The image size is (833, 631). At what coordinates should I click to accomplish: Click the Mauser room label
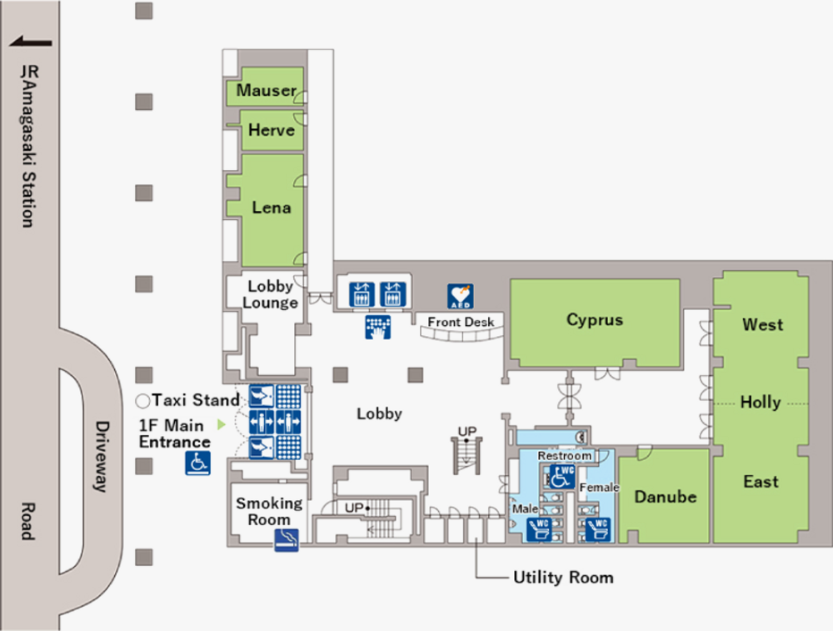pos(267,90)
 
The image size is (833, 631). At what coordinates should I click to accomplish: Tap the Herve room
pos(272,130)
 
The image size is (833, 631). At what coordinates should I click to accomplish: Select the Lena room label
pos(272,207)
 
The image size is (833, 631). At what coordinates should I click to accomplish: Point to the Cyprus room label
pos(595,320)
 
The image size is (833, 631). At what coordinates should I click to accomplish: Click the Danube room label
pos(665,497)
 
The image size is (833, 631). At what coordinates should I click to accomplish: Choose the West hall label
pos(762,324)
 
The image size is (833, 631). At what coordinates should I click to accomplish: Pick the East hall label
pos(761,482)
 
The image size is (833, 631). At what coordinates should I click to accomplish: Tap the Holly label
pos(761,403)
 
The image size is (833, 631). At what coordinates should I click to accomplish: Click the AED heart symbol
pos(460,296)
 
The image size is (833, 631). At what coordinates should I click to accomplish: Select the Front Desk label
pos(461,322)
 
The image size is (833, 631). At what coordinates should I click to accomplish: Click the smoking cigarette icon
pos(287,539)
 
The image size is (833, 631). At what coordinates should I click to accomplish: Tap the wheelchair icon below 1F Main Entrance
pos(197,463)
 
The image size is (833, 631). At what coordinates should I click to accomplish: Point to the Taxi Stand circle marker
pos(142,401)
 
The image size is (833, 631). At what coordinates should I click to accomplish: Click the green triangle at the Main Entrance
pos(222,425)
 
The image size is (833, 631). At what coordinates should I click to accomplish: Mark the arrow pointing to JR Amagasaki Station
pos(30,42)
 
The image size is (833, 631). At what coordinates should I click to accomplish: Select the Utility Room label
pos(563,578)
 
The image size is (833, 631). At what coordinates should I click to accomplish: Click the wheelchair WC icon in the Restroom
pos(561,477)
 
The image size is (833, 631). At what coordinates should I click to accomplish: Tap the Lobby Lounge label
pos(271,294)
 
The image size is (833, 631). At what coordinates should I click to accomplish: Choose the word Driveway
pos(102,457)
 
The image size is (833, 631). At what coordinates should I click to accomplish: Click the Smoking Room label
pos(269,511)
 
